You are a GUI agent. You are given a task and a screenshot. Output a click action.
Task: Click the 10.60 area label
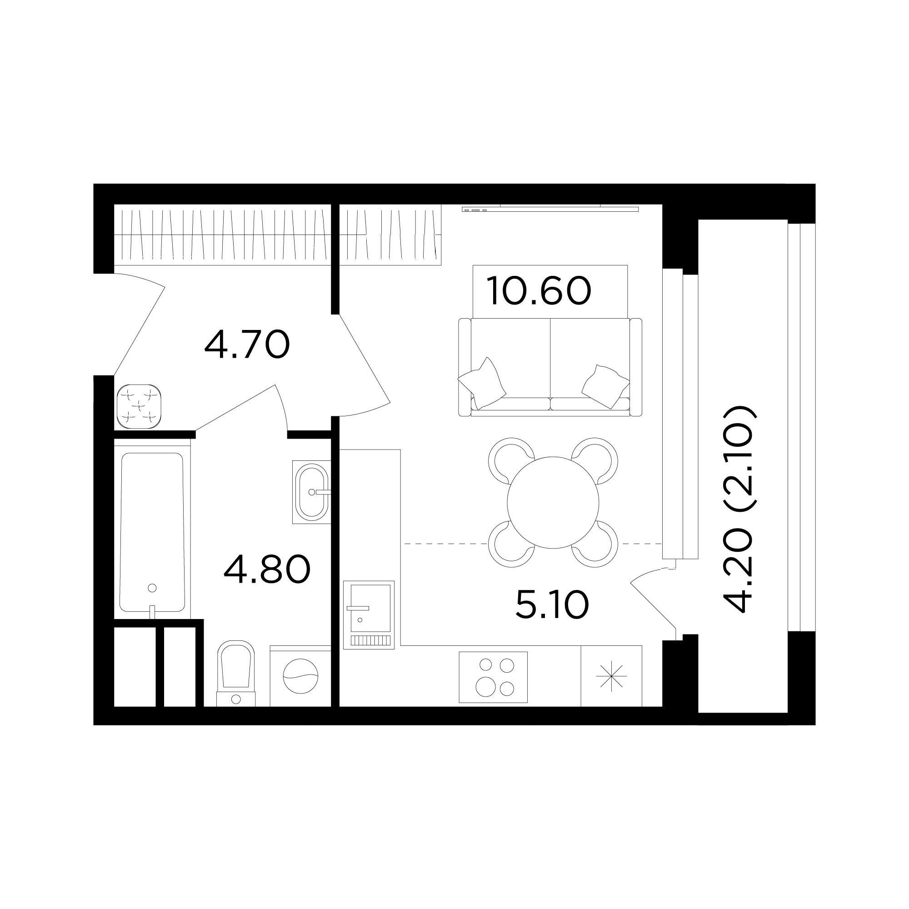[539, 291]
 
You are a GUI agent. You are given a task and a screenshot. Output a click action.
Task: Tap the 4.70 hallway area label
[247, 345]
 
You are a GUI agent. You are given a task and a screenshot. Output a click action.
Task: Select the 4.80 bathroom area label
[267, 569]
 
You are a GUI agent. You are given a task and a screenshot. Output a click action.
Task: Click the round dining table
[553, 503]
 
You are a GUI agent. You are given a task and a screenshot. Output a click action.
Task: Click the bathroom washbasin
[311, 492]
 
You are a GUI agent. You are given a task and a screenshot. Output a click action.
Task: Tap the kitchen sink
[369, 615]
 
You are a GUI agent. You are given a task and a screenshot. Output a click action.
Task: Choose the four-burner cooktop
[493, 677]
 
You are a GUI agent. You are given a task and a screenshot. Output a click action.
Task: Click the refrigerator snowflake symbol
[611, 677]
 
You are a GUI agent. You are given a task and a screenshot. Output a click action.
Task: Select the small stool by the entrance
[139, 406]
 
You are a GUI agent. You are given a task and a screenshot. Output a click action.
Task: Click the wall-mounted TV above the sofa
[550, 209]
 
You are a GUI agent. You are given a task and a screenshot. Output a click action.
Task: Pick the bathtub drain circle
[152, 588]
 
